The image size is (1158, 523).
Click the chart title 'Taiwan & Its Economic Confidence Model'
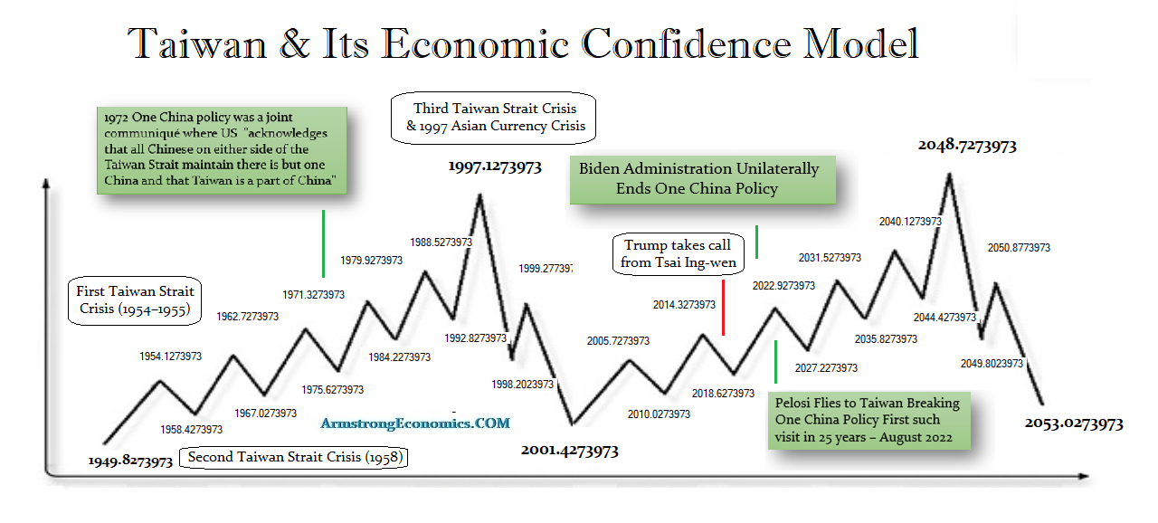pyautogui.click(x=523, y=43)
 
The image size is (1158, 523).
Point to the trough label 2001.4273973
pyautogui.click(x=570, y=450)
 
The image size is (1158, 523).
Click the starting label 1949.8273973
pyautogui.click(x=130, y=461)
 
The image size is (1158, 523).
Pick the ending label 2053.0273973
pyautogui.click(x=1074, y=423)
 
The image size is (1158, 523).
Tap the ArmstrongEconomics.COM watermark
pyautogui.click(x=415, y=423)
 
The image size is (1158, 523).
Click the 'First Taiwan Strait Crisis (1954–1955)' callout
pyautogui.click(x=135, y=300)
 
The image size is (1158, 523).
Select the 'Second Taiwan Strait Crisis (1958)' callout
pyautogui.click(x=294, y=457)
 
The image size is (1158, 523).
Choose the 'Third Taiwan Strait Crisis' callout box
pyautogui.click(x=495, y=117)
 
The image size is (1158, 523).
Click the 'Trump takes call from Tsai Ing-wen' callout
pyautogui.click(x=678, y=254)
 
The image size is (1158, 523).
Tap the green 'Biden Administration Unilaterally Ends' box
pyautogui.click(x=699, y=178)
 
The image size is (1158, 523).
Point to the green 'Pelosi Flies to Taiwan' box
pyautogui.click(x=868, y=419)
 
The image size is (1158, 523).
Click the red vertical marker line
pyautogui.click(x=724, y=307)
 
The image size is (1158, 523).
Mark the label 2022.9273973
pyautogui.click(x=783, y=285)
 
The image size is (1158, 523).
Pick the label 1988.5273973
pyautogui.click(x=447, y=242)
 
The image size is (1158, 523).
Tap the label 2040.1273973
pyautogui.click(x=910, y=221)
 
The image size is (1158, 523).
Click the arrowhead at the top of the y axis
pyautogui.click(x=44, y=185)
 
